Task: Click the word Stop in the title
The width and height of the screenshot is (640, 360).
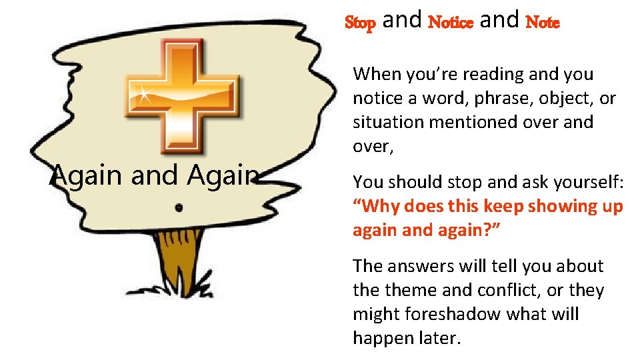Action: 361,23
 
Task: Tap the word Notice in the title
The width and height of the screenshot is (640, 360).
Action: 450,23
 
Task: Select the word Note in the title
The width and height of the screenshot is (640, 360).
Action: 543,23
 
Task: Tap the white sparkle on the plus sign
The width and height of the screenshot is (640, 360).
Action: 143,94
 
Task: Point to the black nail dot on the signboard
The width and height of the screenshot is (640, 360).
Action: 178,208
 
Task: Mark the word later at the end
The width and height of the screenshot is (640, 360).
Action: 439,339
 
